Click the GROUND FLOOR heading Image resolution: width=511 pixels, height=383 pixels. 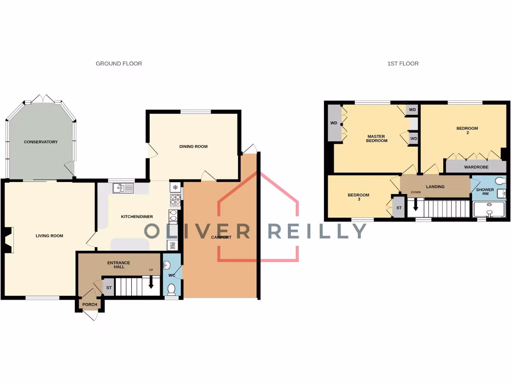click(x=119, y=63)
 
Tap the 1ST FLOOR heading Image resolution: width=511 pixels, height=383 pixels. click(x=403, y=63)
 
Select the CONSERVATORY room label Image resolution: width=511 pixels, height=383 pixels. click(x=41, y=142)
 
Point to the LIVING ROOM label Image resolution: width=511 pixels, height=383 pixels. click(x=49, y=236)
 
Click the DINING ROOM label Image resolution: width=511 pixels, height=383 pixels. click(x=193, y=147)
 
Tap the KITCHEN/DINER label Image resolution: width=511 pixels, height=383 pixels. click(x=137, y=216)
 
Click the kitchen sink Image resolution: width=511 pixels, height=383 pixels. click(x=123, y=188)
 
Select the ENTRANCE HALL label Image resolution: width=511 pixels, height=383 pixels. click(x=119, y=265)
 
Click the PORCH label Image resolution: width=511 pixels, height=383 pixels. click(x=90, y=304)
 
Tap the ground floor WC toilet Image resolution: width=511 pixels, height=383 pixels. click(x=171, y=289)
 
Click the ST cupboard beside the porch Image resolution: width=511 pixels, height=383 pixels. click(x=109, y=288)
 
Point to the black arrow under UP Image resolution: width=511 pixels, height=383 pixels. click(x=151, y=284)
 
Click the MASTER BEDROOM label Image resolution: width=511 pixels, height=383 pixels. click(x=377, y=139)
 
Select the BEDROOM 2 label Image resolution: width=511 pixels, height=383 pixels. click(x=467, y=131)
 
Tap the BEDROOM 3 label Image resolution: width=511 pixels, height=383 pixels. click(x=358, y=197)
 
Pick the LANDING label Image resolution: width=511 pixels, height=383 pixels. click(x=435, y=187)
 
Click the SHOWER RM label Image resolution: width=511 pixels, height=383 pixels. click(x=485, y=191)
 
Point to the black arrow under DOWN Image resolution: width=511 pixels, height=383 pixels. click(x=415, y=204)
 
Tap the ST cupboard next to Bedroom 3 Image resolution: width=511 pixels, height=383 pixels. click(x=399, y=208)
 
